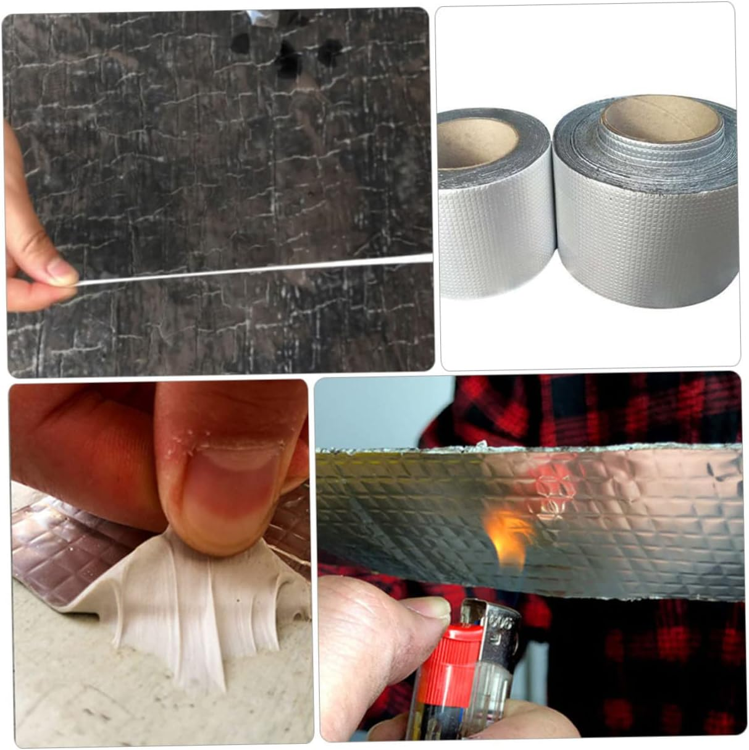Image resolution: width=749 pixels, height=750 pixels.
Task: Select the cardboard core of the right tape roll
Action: tap(661, 121)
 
